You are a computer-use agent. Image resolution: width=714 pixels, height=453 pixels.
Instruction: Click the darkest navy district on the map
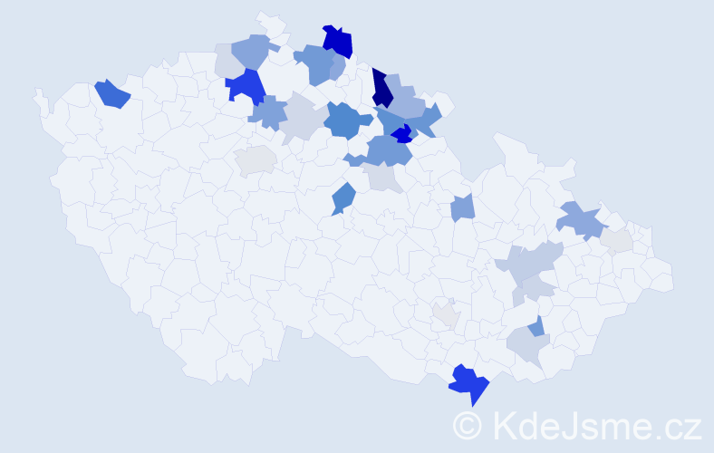click(381, 89)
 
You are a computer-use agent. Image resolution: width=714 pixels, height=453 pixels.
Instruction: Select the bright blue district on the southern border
click(470, 384)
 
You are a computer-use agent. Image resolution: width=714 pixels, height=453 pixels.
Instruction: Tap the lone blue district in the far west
click(112, 93)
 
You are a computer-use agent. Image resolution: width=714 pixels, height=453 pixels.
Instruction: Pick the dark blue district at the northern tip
click(338, 42)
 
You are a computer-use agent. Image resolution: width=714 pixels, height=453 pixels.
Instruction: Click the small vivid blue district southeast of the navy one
click(401, 134)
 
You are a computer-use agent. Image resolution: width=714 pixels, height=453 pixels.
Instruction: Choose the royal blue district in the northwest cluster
click(246, 86)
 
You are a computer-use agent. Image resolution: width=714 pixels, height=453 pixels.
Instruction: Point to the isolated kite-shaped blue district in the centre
click(343, 198)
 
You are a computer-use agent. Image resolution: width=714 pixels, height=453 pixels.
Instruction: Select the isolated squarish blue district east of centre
click(462, 208)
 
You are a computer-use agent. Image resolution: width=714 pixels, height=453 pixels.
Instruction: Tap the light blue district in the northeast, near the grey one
click(580, 220)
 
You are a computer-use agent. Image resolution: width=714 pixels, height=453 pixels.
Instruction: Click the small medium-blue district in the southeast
click(536, 326)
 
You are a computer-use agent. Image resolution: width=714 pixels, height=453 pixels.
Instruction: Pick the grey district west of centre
click(256, 160)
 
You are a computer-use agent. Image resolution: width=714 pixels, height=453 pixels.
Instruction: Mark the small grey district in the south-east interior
click(446, 314)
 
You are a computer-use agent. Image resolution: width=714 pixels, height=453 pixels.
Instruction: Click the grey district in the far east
click(618, 241)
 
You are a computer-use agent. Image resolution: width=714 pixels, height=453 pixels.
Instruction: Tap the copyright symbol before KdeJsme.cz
click(468, 424)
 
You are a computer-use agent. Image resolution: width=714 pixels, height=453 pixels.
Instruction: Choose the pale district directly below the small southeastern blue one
click(525, 345)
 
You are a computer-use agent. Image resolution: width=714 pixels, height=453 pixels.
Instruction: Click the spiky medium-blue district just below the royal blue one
click(267, 113)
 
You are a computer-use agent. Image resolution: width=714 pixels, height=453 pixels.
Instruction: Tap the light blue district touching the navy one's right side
click(404, 101)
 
